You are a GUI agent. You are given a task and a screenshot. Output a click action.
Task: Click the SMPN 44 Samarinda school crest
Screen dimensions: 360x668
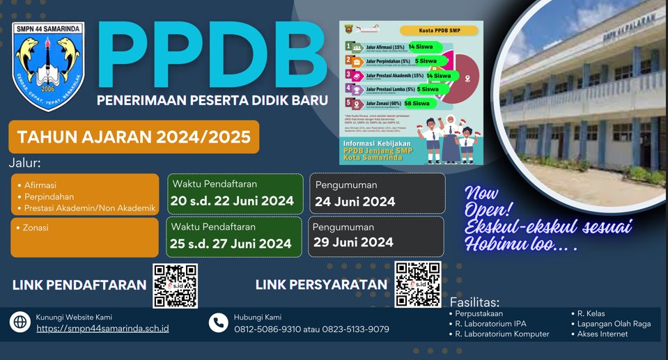[x=48, y=66]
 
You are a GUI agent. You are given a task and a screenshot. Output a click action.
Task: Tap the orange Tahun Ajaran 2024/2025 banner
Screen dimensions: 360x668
[x=134, y=136]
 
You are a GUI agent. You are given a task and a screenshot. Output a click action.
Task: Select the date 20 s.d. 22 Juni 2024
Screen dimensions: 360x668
[x=232, y=201]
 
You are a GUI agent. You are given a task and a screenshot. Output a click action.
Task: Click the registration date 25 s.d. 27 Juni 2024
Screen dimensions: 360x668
[x=231, y=244]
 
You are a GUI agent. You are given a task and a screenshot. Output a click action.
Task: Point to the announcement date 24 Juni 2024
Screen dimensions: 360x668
[x=355, y=201]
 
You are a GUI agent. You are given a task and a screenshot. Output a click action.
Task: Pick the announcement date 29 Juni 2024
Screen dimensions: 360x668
[x=353, y=242]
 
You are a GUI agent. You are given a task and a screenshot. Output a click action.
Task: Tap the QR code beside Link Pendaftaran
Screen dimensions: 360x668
[x=175, y=285]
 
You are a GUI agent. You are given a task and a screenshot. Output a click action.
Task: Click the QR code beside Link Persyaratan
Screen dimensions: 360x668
[x=418, y=284]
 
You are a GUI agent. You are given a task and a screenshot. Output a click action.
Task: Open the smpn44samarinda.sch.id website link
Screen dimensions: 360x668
[x=102, y=329]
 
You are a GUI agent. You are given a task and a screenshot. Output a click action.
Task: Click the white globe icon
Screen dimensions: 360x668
[x=20, y=322]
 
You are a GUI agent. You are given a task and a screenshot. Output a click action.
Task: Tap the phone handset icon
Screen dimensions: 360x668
[x=218, y=322]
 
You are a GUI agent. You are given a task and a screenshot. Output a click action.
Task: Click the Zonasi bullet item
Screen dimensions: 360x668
[x=36, y=228]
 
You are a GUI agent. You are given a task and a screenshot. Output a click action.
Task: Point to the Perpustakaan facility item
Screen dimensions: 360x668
[x=479, y=314]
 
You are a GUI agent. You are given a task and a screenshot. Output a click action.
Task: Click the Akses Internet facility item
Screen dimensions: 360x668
[x=603, y=334]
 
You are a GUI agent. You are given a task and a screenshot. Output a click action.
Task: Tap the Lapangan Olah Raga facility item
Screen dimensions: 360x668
[x=614, y=324]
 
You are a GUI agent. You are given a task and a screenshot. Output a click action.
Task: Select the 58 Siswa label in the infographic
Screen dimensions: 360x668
[x=417, y=103]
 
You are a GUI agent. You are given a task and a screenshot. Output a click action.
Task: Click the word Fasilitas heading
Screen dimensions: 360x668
[x=474, y=303]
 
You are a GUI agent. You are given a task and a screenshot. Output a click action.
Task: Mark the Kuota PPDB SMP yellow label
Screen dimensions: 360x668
[x=440, y=31]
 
